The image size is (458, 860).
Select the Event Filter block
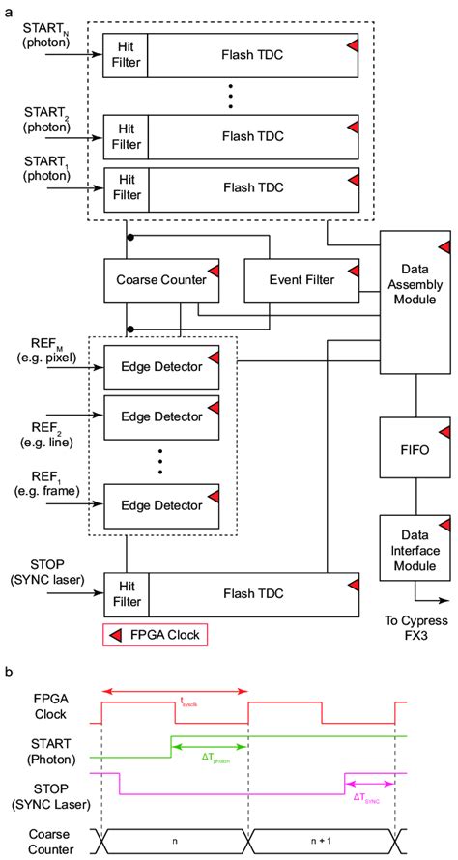(301, 281)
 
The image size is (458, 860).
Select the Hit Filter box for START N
(125, 56)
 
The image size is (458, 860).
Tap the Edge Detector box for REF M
(161, 366)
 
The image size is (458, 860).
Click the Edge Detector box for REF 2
(161, 417)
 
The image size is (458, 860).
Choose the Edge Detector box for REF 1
(161, 503)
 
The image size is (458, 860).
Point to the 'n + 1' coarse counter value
(323, 842)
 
